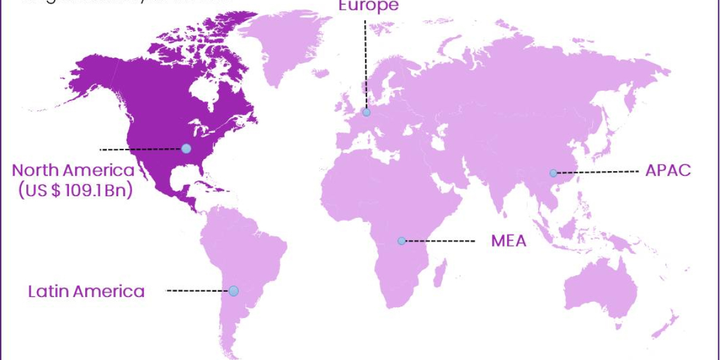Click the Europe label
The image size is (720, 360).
(368, 6)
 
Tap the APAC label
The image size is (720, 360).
(668, 170)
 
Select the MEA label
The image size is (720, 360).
(508, 241)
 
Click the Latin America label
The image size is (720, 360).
(86, 292)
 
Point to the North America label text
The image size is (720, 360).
(73, 170)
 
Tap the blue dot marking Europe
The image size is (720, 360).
(366, 112)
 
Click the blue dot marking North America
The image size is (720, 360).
(186, 148)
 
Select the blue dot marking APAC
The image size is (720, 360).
(553, 173)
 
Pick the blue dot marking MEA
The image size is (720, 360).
(401, 241)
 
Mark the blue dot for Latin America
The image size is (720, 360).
(233, 291)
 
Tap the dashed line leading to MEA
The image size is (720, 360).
(440, 241)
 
